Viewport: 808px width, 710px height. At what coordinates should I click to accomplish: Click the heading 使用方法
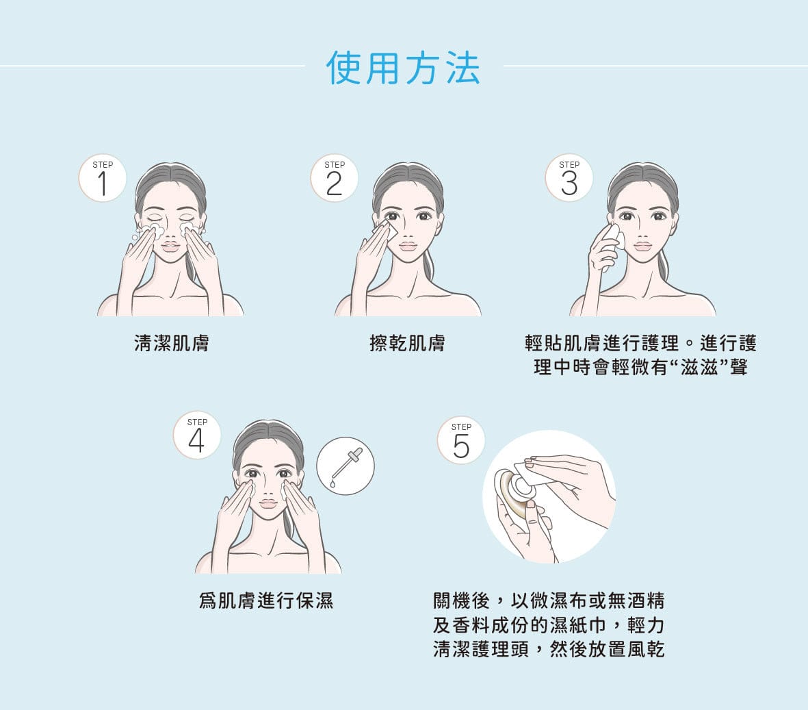tap(403, 68)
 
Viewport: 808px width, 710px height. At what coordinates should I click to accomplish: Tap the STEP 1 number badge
tap(103, 178)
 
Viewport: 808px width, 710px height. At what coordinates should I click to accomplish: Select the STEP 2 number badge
tap(335, 178)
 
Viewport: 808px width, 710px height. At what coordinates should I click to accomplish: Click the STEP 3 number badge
tap(569, 178)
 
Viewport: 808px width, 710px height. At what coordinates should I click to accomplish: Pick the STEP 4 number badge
tap(197, 435)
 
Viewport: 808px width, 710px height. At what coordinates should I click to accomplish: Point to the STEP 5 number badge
tap(461, 440)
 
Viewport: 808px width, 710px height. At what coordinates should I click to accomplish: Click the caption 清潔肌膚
tap(172, 343)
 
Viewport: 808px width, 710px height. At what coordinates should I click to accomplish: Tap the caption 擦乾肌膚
tap(407, 343)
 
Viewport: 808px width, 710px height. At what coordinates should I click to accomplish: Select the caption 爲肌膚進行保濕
tap(266, 600)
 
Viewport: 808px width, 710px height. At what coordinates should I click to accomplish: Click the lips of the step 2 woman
tap(408, 246)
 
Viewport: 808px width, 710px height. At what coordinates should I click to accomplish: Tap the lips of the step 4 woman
tap(268, 503)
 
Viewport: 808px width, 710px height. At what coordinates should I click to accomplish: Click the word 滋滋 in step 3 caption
tap(699, 368)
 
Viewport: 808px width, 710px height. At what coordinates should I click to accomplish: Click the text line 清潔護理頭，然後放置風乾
tap(549, 648)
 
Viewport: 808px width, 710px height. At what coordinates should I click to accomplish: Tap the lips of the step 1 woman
tap(170, 246)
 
